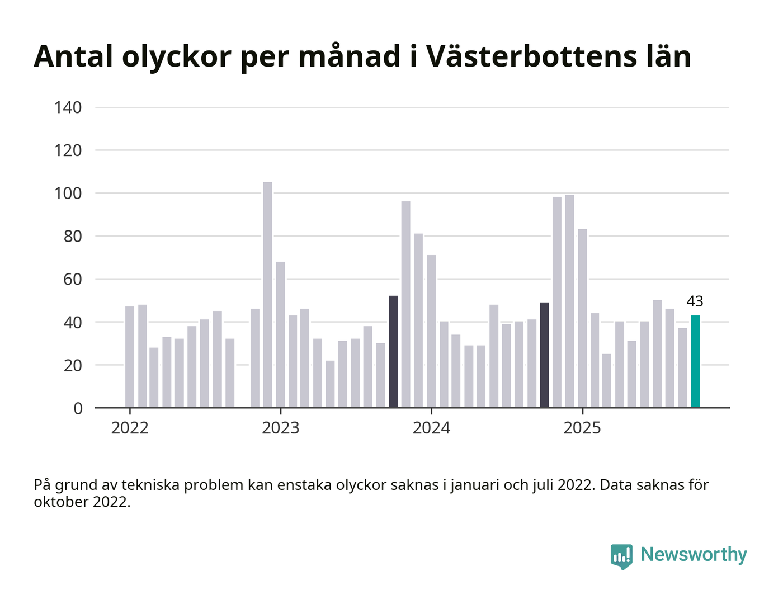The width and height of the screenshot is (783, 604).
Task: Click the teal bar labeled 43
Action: (695, 361)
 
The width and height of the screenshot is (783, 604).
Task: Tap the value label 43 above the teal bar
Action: (695, 301)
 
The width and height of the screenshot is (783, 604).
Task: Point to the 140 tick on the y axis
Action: (68, 107)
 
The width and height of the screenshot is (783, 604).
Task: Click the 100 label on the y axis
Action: (68, 194)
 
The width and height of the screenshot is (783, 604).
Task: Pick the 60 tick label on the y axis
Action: (72, 279)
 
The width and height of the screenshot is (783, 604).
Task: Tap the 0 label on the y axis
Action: (78, 408)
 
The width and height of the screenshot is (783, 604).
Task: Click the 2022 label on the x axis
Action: (130, 428)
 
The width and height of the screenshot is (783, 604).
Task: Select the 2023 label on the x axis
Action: (281, 428)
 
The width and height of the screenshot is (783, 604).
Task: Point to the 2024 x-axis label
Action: (431, 428)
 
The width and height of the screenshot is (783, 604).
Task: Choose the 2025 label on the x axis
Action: (582, 428)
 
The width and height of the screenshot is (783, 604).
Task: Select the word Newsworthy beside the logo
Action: (694, 554)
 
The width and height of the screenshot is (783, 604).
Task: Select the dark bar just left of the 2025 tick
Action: (544, 355)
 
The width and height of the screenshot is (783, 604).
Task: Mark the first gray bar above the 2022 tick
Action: (130, 357)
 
